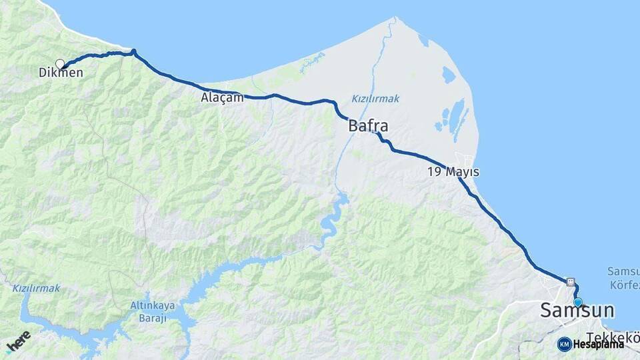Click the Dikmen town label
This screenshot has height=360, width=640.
pyautogui.click(x=61, y=73)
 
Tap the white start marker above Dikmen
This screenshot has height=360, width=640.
pyautogui.click(x=60, y=64)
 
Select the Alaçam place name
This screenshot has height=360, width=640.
pyautogui.click(x=222, y=97)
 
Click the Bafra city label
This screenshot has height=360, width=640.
pyautogui.click(x=368, y=125)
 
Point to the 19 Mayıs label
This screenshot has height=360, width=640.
pyautogui.click(x=453, y=172)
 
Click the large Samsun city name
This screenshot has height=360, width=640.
pyautogui.click(x=577, y=311)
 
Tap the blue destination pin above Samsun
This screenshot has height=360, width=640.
pyautogui.click(x=577, y=302)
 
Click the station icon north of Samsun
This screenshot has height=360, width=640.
pyautogui.click(x=571, y=281)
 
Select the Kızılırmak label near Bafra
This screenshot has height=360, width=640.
pyautogui.click(x=375, y=99)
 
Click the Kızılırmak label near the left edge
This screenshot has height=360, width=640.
pyautogui.click(x=36, y=288)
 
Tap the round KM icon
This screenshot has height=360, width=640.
pyautogui.click(x=564, y=344)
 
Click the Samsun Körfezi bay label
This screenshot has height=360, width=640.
pyautogui.click(x=623, y=278)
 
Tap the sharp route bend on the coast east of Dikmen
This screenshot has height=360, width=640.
pyautogui.click(x=133, y=51)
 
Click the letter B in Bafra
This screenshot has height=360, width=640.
pyautogui.click(x=353, y=125)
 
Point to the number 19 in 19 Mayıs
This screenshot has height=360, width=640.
pyautogui.click(x=435, y=172)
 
